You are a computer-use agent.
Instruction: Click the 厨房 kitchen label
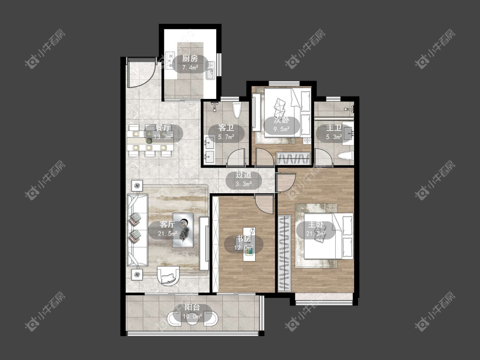click(190, 58)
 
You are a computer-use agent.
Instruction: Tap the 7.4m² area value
click(190, 68)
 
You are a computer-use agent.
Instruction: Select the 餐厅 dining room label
click(163, 128)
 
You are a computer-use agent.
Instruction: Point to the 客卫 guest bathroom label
click(226, 128)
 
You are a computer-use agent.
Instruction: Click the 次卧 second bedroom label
click(282, 120)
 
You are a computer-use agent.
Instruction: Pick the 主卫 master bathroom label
click(334, 128)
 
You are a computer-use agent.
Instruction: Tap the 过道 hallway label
click(244, 175)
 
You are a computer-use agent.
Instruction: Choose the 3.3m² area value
click(244, 184)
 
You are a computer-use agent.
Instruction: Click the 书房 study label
click(244, 238)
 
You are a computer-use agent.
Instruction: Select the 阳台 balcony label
click(192, 307)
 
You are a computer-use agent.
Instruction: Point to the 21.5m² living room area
click(168, 234)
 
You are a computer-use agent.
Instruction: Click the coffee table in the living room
click(183, 230)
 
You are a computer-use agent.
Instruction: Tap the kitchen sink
click(210, 70)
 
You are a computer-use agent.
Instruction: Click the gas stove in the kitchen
click(169, 60)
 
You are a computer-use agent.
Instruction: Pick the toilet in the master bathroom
click(345, 156)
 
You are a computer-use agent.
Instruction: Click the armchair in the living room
click(168, 276)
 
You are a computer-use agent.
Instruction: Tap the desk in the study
click(249, 244)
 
